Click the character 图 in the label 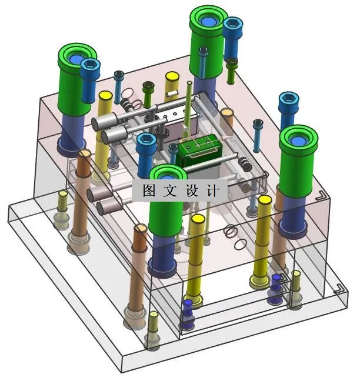(x=149, y=190)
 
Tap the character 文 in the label (x=170, y=190)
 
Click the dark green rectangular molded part (x=200, y=151)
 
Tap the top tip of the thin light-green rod (x=189, y=83)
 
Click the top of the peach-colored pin (x=226, y=112)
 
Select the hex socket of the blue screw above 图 (x=146, y=139)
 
